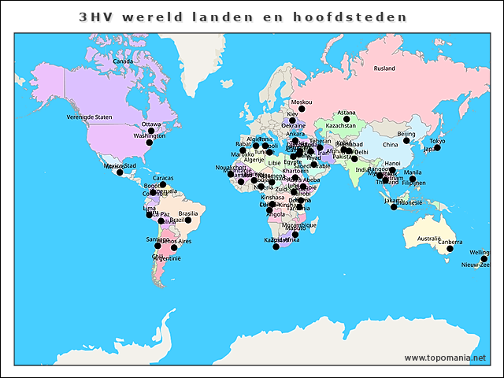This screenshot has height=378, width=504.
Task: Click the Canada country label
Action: click(x=122, y=61)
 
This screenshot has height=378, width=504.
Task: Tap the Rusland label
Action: click(x=384, y=69)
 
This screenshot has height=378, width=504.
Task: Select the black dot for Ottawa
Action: click(x=160, y=132)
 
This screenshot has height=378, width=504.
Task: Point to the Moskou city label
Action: click(x=301, y=102)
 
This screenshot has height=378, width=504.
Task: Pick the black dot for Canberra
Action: click(x=450, y=249)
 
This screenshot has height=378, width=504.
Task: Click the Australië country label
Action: click(x=428, y=238)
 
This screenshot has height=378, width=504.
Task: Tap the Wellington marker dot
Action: click(x=484, y=259)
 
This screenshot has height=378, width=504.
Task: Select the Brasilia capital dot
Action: click(x=188, y=220)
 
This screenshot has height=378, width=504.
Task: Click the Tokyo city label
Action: click(x=437, y=141)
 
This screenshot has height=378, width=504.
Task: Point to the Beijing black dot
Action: click(x=406, y=141)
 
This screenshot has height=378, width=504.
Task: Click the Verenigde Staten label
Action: click(x=90, y=117)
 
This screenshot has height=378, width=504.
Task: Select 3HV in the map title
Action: click(x=94, y=17)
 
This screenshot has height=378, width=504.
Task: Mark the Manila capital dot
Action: click(x=412, y=179)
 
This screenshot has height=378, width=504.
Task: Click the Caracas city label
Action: click(x=163, y=178)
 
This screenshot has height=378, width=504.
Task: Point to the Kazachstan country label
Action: click(x=341, y=126)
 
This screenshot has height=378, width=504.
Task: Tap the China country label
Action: click(x=390, y=145)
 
